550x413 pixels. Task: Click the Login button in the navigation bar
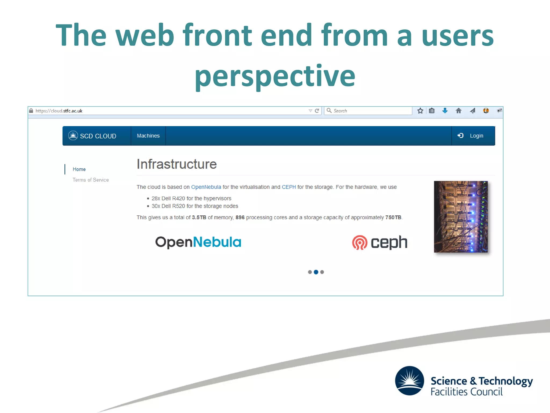473,136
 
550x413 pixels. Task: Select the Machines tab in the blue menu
148,136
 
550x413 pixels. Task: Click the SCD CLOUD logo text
98,136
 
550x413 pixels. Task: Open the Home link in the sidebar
79,169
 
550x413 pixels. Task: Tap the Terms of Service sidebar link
91,180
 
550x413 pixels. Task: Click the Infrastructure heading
176,164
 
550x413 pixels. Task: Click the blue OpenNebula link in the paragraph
206,187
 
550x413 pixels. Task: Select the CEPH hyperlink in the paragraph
289,187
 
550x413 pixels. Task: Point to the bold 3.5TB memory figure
199,217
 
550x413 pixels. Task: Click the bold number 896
240,217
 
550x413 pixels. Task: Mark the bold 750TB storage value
393,217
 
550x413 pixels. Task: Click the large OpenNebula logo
198,242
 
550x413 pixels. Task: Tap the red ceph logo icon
360,243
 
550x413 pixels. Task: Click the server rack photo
461,216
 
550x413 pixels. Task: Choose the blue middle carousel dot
316,272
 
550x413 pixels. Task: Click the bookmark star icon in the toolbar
420,111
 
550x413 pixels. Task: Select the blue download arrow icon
445,111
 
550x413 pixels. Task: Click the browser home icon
459,111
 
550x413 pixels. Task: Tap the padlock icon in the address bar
31,111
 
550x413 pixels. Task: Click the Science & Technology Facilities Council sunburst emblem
410,380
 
